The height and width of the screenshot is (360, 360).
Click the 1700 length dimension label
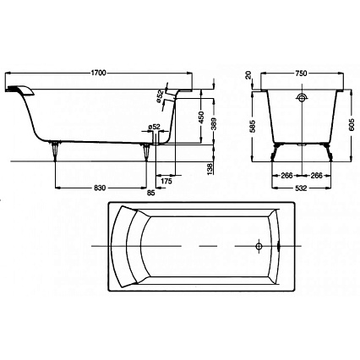coord(98,73)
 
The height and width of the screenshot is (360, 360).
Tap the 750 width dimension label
coord(301,74)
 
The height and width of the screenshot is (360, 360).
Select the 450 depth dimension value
coord(200,117)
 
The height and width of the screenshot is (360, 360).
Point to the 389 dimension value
coord(214,123)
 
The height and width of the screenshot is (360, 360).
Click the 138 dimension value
coord(210,169)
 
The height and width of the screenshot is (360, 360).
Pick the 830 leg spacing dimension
coord(100,188)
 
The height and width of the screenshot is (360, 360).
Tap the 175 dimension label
coord(166,182)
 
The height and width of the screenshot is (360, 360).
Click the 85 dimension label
coord(151,193)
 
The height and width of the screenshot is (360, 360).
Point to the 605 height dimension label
coord(351,125)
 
